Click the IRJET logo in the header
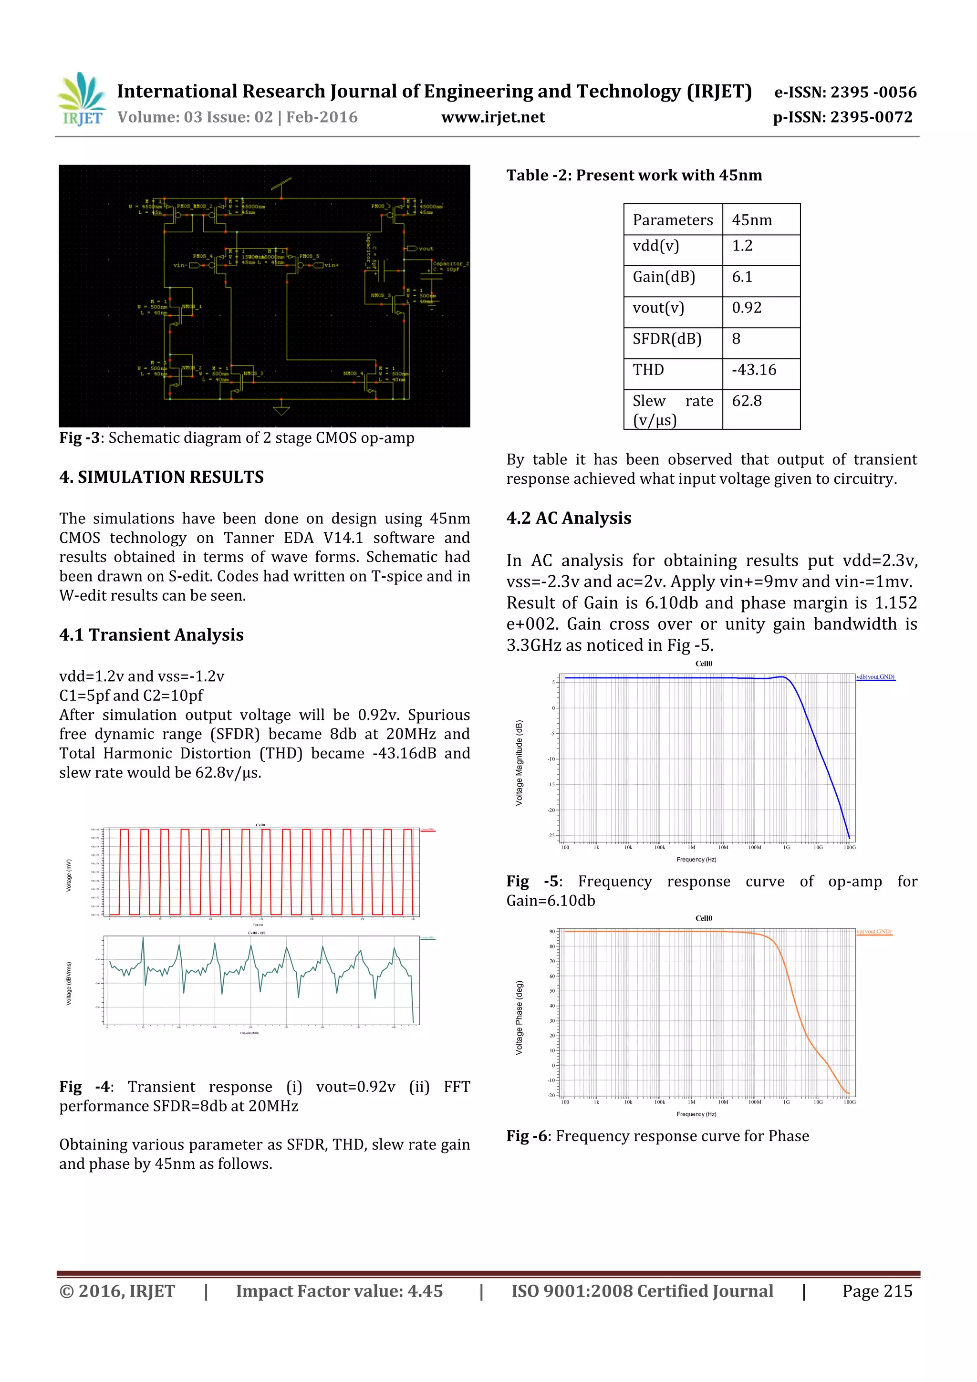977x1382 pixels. click(x=81, y=100)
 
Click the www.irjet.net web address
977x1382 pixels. click(x=492, y=117)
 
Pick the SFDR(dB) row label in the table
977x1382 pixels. click(x=667, y=339)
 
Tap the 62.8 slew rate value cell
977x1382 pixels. click(x=747, y=401)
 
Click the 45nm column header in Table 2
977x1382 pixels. click(x=752, y=220)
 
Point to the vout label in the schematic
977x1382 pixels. click(x=425, y=249)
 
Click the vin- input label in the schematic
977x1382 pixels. click(x=180, y=265)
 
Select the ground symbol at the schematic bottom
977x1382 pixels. click(x=281, y=411)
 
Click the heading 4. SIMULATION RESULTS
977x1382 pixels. click(x=161, y=478)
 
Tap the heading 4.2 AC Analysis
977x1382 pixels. click(x=568, y=518)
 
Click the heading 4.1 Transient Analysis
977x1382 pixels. click(x=151, y=635)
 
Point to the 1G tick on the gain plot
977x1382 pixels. click(x=786, y=848)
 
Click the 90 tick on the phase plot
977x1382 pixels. click(x=552, y=932)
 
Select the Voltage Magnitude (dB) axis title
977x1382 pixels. click(x=519, y=763)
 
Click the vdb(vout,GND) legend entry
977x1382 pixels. click(x=875, y=677)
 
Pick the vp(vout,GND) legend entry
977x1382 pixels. click(x=873, y=932)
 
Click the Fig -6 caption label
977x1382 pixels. click(x=527, y=1136)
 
